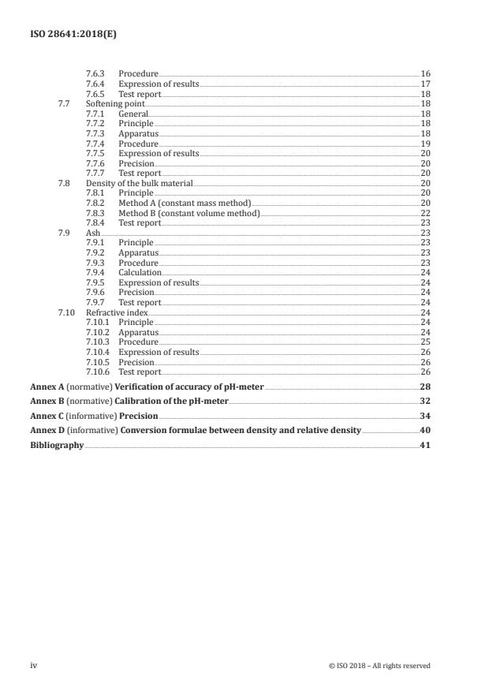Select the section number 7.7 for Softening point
click(65, 103)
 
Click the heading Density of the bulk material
click(133, 182)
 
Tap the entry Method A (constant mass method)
click(185, 203)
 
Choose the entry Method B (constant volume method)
click(189, 213)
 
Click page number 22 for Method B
click(425, 213)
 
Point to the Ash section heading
click(92, 233)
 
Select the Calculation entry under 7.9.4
click(140, 272)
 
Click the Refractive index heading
click(117, 312)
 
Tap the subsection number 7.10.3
click(98, 342)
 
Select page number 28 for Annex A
click(425, 387)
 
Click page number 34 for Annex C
click(425, 416)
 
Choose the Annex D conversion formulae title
click(238, 431)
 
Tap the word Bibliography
click(57, 445)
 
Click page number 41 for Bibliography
click(425, 445)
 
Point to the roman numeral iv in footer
click(34, 666)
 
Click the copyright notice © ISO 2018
click(379, 666)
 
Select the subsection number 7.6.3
click(95, 73)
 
